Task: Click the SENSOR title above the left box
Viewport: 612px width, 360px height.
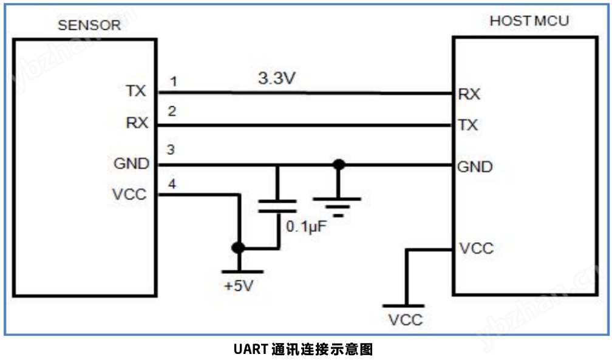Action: [89, 25]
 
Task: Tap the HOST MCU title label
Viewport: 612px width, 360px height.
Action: [529, 21]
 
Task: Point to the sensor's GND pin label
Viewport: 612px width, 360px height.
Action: [131, 163]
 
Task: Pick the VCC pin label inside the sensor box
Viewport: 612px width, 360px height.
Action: [130, 195]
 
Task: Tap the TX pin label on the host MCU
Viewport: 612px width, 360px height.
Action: [468, 125]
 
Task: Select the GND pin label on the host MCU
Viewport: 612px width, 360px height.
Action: [475, 166]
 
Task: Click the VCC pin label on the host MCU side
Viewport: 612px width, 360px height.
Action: [477, 248]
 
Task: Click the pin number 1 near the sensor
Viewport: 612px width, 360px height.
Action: [174, 81]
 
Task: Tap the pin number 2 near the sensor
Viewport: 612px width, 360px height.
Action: [172, 112]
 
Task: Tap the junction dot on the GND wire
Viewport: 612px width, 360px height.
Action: [339, 165]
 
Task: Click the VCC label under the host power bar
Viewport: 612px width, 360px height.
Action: [406, 319]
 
